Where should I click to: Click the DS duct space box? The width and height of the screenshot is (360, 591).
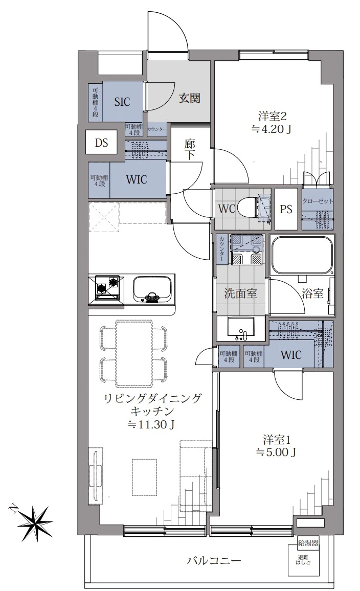tap(101, 143)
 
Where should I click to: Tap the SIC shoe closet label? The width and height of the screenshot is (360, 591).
tap(122, 102)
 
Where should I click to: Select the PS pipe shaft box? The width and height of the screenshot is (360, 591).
tap(286, 209)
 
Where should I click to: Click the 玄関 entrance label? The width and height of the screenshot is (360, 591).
tap(189, 99)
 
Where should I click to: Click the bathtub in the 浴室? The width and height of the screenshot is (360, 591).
tap(303, 256)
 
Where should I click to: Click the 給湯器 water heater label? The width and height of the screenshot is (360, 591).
tap(308, 543)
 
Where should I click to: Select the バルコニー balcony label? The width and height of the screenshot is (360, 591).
tap(214, 561)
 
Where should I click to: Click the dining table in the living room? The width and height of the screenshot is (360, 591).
tap(134, 353)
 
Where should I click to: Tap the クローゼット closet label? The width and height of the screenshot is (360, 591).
tap(318, 201)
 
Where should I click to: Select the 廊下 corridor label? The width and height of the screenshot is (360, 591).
tap(190, 150)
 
